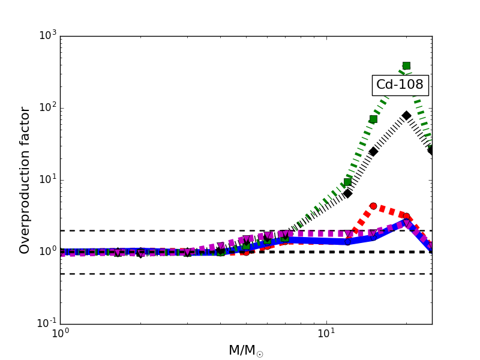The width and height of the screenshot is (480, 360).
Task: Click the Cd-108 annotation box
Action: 400,85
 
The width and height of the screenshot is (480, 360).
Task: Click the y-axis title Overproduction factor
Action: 25,180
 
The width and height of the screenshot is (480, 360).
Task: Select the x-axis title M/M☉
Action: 246,350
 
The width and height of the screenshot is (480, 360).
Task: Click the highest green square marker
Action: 406,65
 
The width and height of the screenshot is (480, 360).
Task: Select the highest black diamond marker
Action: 406,115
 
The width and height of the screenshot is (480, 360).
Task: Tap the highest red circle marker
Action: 373,206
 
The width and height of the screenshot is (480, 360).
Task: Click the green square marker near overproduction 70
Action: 373,119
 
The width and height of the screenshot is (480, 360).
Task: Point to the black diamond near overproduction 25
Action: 373,151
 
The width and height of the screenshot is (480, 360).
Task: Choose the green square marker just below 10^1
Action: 347,182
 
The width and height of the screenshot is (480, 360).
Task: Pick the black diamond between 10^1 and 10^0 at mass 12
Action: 347,193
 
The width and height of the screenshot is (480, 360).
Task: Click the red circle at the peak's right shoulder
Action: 406,216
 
